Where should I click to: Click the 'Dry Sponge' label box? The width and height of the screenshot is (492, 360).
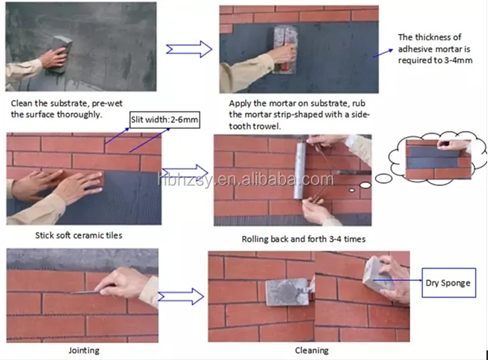click(449, 283)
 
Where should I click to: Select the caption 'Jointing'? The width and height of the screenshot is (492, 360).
click(83, 350)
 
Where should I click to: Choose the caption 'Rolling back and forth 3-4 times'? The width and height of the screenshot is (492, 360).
click(303, 239)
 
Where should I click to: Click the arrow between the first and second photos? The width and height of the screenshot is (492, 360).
click(189, 49)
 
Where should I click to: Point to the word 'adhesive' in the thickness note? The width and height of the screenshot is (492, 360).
click(418, 50)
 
